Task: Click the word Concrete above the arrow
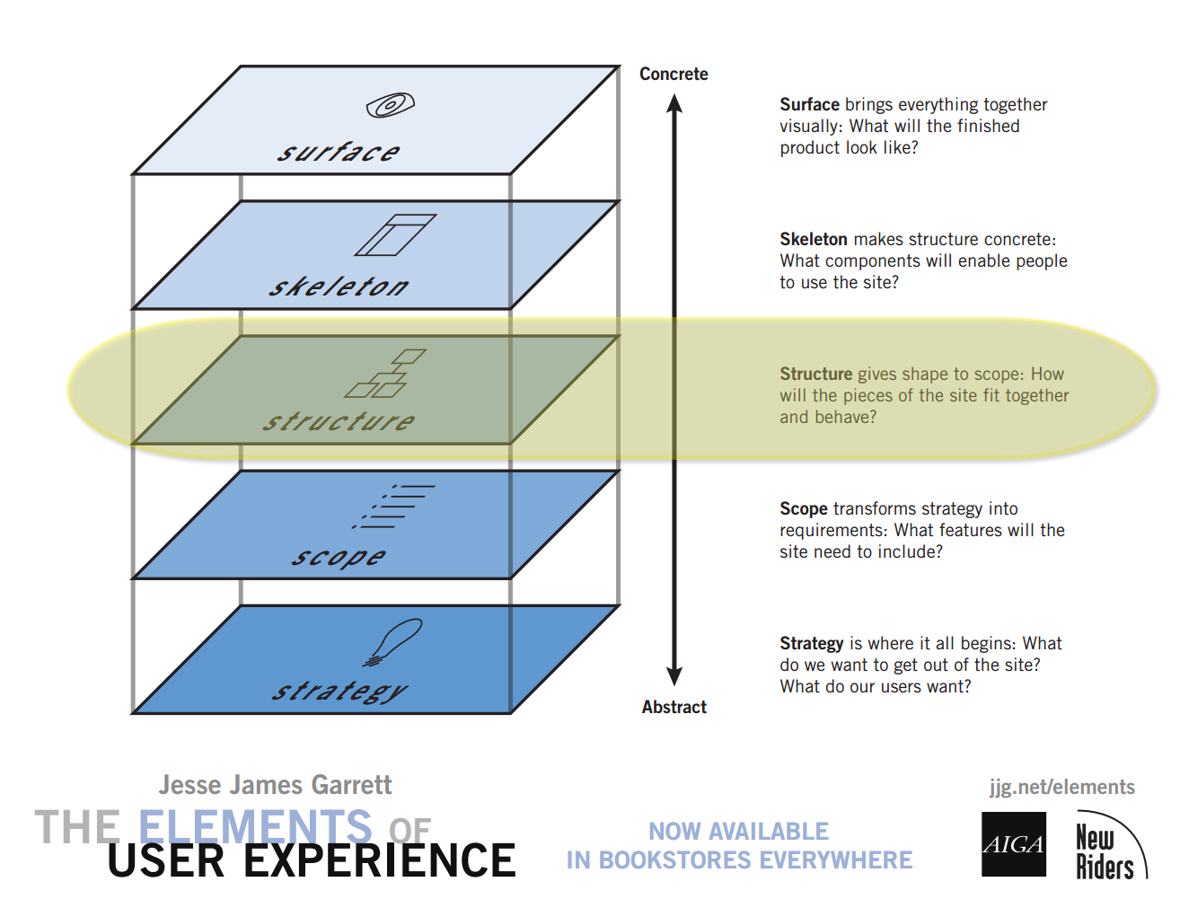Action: pos(674,75)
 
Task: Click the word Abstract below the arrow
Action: pos(674,708)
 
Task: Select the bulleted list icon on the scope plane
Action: pos(395,506)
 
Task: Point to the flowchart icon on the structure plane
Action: pos(386,374)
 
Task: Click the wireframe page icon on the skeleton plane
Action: pos(395,234)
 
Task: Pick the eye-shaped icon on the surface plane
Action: pos(390,106)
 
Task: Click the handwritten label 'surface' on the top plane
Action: pos(339,152)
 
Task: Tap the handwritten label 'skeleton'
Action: pos(339,287)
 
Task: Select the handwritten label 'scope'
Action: pos(339,557)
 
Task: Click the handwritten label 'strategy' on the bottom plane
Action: pos(339,692)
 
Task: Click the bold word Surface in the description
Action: pos(809,105)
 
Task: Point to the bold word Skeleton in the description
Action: pos(813,240)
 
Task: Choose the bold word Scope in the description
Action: pos(803,509)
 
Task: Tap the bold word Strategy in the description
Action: pos(811,644)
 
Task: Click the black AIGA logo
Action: pos(1014,844)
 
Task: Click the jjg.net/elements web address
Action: pos(1061,788)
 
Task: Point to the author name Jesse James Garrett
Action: pos(275,786)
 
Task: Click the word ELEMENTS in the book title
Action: pos(255,825)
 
